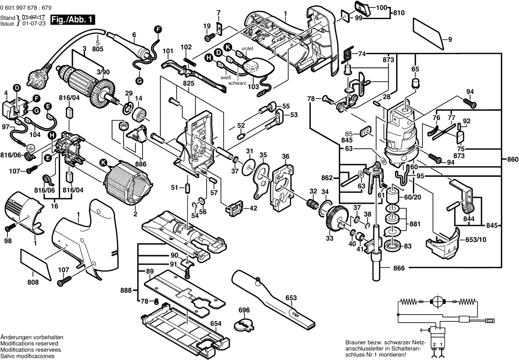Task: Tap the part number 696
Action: point(244,310)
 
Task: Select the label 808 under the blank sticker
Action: point(32,283)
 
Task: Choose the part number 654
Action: point(215,323)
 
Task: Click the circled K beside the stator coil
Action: point(103,163)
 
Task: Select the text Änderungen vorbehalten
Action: point(32,338)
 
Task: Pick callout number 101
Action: point(168,51)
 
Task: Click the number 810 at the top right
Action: point(399,13)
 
